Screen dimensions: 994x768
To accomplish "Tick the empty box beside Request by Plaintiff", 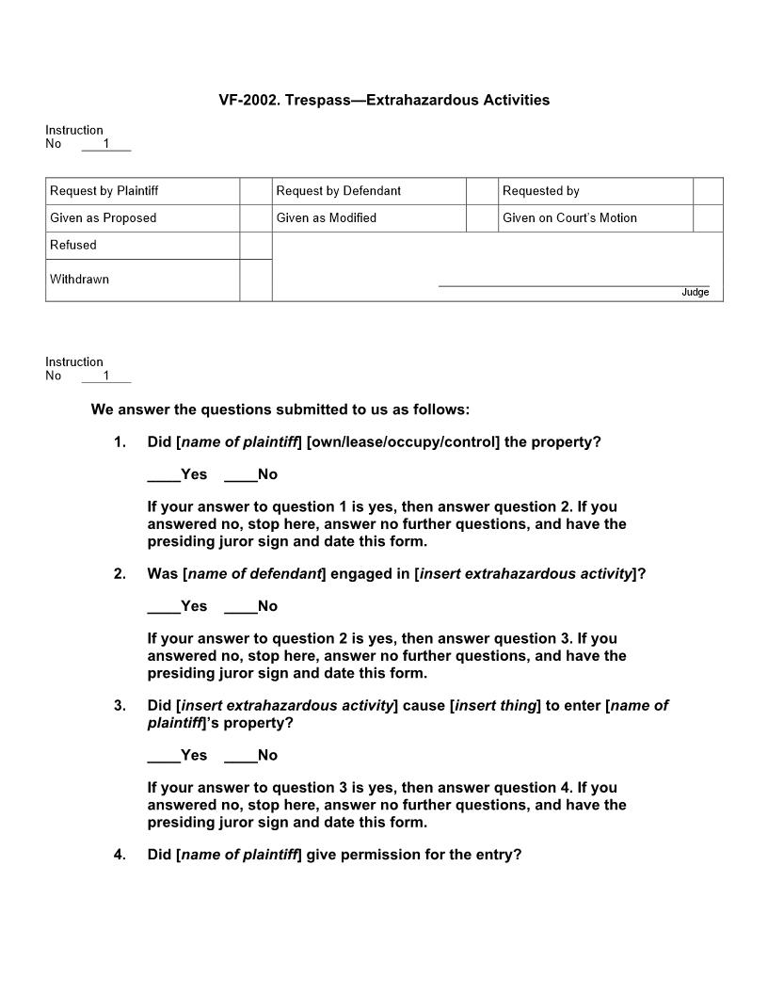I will coord(255,191).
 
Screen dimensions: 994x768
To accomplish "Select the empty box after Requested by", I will coord(708,191).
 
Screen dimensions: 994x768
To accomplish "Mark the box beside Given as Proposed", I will coord(255,218).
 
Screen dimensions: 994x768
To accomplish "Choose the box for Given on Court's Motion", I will coord(708,218).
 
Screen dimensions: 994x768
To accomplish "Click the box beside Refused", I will coord(255,246).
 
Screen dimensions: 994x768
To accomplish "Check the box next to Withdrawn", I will coord(255,280).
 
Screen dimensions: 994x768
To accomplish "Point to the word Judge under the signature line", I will coord(695,293).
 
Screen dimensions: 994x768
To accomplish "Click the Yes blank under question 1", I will coord(164,475).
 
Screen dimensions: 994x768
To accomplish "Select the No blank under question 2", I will coord(240,607).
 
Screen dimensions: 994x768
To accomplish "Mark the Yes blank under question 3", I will coord(164,756).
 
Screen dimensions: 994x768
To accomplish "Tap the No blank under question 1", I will coord(240,475).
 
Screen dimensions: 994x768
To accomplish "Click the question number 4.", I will coord(120,855).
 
